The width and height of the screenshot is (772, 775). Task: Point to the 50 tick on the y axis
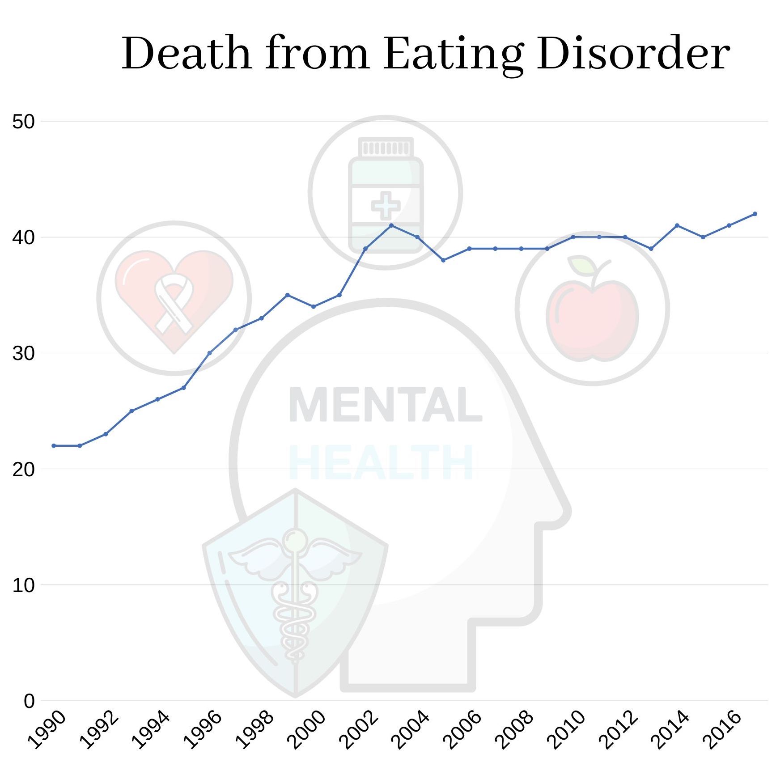[24, 122]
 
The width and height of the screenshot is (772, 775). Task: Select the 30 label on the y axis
[24, 353]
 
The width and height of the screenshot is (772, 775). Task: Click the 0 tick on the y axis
[29, 701]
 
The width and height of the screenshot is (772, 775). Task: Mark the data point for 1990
[54, 446]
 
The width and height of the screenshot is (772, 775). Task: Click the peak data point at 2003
[391, 225]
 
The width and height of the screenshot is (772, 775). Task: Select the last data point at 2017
[755, 214]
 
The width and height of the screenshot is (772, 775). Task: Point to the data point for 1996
[209, 353]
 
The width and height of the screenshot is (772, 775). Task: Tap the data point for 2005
[443, 260]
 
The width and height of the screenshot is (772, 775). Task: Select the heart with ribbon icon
[174, 298]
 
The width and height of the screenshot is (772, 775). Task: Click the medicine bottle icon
[385, 193]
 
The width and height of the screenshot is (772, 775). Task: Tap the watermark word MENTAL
[385, 405]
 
